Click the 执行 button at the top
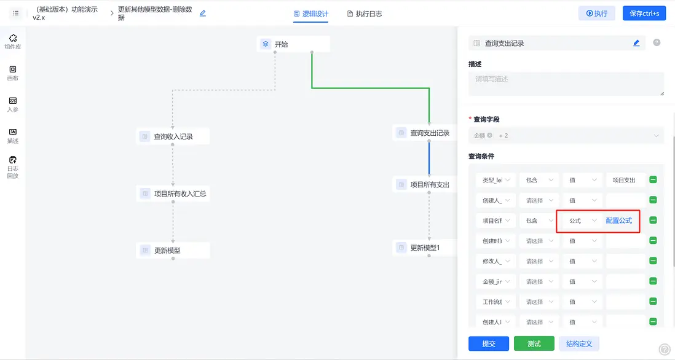[x=597, y=14]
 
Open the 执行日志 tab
[x=365, y=14]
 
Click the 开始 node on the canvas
[x=293, y=44]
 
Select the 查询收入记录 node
[x=173, y=136]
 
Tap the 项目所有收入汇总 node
[x=173, y=194]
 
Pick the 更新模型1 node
[x=425, y=248]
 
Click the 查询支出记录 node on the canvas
[x=424, y=133]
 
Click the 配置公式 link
[x=619, y=221]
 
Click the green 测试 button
[x=534, y=343]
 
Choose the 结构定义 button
[x=578, y=343]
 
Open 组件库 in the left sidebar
[x=13, y=42]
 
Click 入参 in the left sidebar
[x=13, y=104]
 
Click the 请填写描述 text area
[x=566, y=84]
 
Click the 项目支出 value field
[x=625, y=180]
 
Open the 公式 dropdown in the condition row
[x=580, y=221]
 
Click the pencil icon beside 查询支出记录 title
[x=636, y=43]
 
